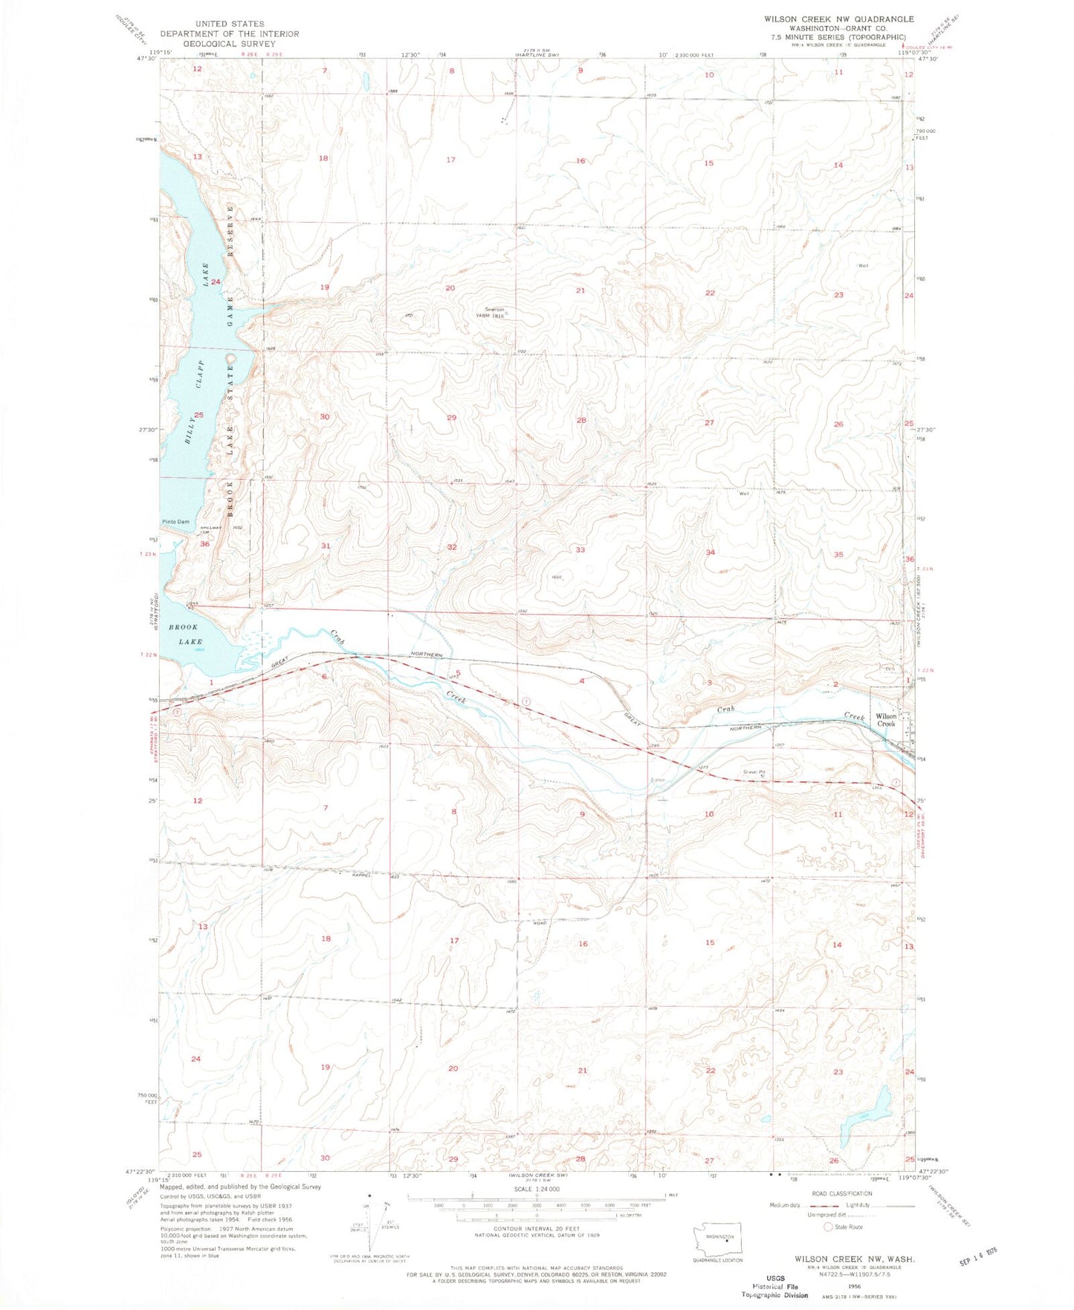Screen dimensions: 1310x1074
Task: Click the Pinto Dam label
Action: tap(176, 522)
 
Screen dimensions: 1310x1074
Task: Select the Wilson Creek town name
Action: tap(886, 720)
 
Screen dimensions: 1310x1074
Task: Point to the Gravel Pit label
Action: tap(754, 772)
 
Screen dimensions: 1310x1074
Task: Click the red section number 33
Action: tap(580, 550)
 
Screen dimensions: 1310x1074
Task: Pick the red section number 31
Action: tap(326, 545)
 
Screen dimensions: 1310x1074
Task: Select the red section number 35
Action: tap(838, 554)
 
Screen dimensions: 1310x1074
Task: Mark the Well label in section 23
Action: tap(863, 265)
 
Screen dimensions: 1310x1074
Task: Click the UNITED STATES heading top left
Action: tap(229, 24)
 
